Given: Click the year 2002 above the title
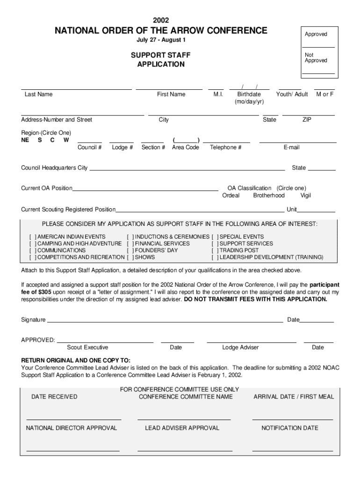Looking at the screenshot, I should pos(161,20).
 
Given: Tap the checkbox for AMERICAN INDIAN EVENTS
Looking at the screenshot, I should pos(32,237).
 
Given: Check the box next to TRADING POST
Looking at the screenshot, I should pos(215,250).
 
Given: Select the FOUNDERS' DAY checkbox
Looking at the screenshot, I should pos(130,250).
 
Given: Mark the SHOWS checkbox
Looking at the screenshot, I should pos(130,257).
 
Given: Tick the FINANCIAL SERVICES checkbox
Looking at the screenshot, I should pos(130,244).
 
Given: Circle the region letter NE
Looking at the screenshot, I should pos(25,140).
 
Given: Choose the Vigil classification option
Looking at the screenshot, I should pos(306,196).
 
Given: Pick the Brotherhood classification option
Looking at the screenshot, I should pos(269,196).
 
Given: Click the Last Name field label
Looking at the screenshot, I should pos(38,94).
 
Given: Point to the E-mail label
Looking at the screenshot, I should pos(291,147).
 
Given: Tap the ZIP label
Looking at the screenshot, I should pos(307,120).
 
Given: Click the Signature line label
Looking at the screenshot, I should pos(33,320).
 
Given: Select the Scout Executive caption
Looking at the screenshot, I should pos(87,348).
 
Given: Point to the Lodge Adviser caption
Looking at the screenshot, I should pos(240,348).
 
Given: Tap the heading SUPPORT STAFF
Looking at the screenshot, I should pos(160,55).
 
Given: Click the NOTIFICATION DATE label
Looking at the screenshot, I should pos(290,428).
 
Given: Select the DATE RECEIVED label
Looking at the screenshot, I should pos(54,397).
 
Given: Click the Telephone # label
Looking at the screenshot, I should pos(225,147).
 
